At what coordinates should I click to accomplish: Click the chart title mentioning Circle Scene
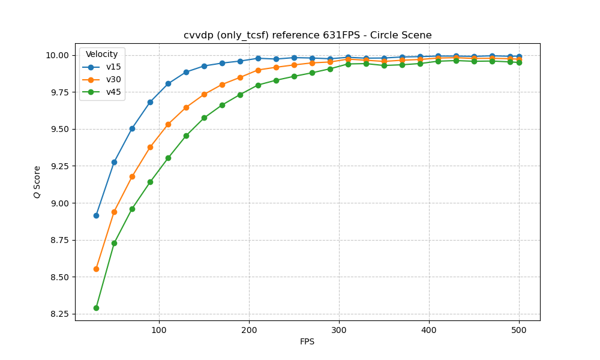[x=307, y=35]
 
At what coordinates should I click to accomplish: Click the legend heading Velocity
[x=102, y=55]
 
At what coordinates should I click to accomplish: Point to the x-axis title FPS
[x=307, y=342]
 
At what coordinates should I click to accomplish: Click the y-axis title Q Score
[x=37, y=182]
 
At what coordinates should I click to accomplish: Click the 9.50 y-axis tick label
[x=59, y=129]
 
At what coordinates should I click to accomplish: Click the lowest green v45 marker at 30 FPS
[x=96, y=308]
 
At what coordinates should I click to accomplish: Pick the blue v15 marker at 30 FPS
[x=96, y=215]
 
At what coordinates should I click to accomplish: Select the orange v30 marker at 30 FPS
[x=96, y=269]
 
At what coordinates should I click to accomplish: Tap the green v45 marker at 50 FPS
[x=114, y=243]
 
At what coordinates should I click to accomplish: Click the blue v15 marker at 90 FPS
[x=150, y=102]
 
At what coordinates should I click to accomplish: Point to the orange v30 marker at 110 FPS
[x=168, y=124]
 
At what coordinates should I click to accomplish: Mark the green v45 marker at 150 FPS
[x=204, y=118]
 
